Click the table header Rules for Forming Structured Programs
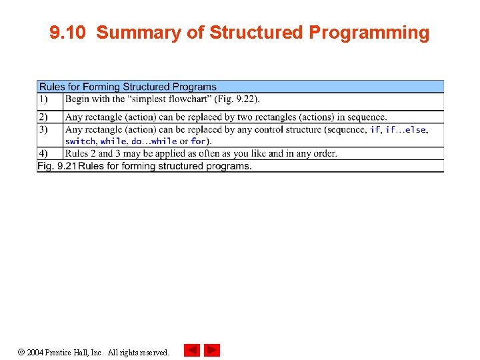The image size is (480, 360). [127, 87]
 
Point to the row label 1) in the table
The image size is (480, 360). [43, 99]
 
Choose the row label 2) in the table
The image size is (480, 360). [43, 117]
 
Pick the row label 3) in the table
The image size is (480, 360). [43, 129]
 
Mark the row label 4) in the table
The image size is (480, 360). [43, 153]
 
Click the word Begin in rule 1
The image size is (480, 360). [77, 99]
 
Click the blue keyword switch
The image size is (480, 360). [80, 141]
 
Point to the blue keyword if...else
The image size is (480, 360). [406, 129]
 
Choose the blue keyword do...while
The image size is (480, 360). [154, 141]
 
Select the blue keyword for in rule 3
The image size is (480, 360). [198, 141]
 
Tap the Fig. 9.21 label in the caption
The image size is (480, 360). [57, 166]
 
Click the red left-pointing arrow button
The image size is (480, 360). [192, 350]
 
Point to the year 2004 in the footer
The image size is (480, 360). [36, 352]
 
